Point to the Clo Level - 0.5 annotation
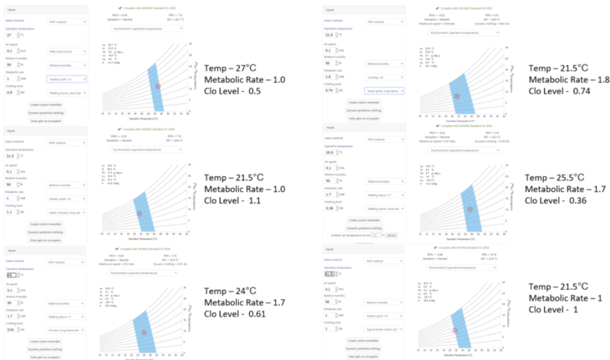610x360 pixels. point(235,92)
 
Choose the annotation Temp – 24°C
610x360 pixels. point(232,291)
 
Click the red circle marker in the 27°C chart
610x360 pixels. point(157,86)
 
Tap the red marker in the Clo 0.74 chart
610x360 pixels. point(457,97)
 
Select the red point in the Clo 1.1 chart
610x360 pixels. point(140,215)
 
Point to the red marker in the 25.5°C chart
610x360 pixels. point(470,209)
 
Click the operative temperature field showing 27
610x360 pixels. point(11,36)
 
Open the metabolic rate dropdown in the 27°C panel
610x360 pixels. point(66,79)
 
